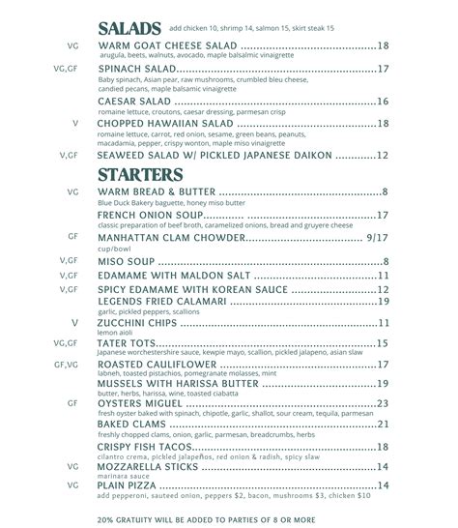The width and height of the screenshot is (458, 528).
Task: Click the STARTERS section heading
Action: click(141, 175)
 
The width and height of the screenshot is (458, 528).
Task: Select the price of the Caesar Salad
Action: click(383, 102)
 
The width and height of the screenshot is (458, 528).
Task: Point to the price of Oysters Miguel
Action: click(383, 403)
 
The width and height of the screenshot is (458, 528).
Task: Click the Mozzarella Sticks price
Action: click(383, 467)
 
